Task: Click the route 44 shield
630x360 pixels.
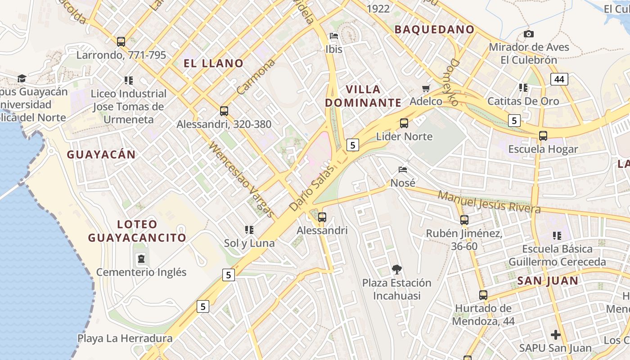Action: (559, 80)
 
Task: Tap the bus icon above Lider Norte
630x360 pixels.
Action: (404, 123)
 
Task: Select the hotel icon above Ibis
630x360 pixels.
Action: (334, 36)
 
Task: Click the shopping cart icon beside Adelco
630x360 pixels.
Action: (426, 88)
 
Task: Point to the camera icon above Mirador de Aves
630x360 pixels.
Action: (529, 34)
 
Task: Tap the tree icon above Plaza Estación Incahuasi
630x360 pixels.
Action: (396, 270)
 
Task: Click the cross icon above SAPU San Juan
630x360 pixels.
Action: (556, 335)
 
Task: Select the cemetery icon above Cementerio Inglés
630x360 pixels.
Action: (141, 259)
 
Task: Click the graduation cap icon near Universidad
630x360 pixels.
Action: (22, 79)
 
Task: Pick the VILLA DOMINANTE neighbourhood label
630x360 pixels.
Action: (363, 96)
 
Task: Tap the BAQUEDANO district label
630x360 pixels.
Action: (434, 30)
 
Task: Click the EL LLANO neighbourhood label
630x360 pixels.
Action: (213, 63)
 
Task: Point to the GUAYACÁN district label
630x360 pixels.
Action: (101, 155)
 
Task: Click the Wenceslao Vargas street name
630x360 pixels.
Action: (241, 180)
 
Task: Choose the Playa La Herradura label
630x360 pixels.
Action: (125, 338)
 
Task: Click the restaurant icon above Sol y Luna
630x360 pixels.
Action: (249, 230)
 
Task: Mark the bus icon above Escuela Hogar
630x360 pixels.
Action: (543, 136)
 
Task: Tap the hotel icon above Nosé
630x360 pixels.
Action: (403, 170)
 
